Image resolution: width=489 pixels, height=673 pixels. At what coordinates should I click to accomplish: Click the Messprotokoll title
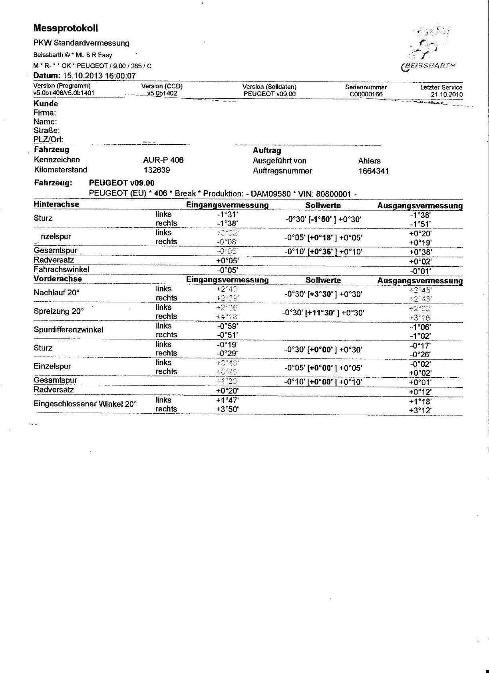[x=66, y=28]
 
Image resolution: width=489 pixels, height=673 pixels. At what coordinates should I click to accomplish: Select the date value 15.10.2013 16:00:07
[x=99, y=76]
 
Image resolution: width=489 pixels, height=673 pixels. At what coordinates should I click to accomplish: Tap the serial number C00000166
[x=366, y=94]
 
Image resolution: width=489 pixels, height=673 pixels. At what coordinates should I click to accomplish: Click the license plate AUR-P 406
[x=163, y=160]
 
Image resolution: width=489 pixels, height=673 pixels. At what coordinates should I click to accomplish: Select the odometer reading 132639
[x=157, y=170]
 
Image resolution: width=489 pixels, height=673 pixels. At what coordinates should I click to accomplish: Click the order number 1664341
[x=374, y=171]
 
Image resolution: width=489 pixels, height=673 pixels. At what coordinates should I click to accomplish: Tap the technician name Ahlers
[x=369, y=161]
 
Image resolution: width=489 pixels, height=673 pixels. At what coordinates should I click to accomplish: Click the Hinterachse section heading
[x=56, y=204]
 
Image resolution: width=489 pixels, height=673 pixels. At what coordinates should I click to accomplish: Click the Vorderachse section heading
[x=58, y=279]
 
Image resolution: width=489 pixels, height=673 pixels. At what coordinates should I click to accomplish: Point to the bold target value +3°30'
[x=322, y=294]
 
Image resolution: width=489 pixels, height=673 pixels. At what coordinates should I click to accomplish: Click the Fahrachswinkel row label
[x=61, y=269]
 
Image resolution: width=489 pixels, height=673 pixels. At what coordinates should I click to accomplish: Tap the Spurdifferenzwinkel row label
[x=68, y=330]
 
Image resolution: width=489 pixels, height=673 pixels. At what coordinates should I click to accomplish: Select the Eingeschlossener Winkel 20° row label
[x=85, y=404]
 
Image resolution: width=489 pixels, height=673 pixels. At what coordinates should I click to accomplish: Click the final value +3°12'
[x=420, y=410]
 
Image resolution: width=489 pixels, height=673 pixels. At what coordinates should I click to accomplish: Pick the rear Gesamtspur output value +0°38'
[x=420, y=252]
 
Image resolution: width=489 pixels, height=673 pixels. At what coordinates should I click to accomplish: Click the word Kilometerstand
[x=60, y=170]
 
